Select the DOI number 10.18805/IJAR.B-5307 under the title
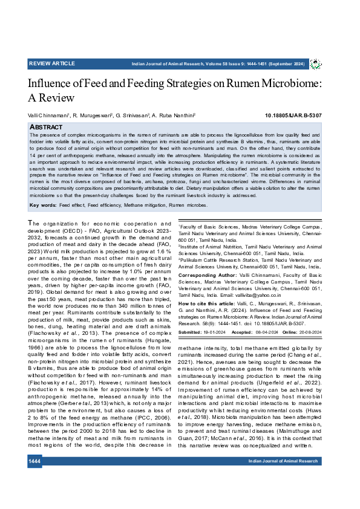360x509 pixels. click(293, 115)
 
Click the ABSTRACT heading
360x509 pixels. click(46, 128)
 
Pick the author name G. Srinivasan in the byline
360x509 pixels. click(129, 115)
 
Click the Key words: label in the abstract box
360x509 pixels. click(42, 206)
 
